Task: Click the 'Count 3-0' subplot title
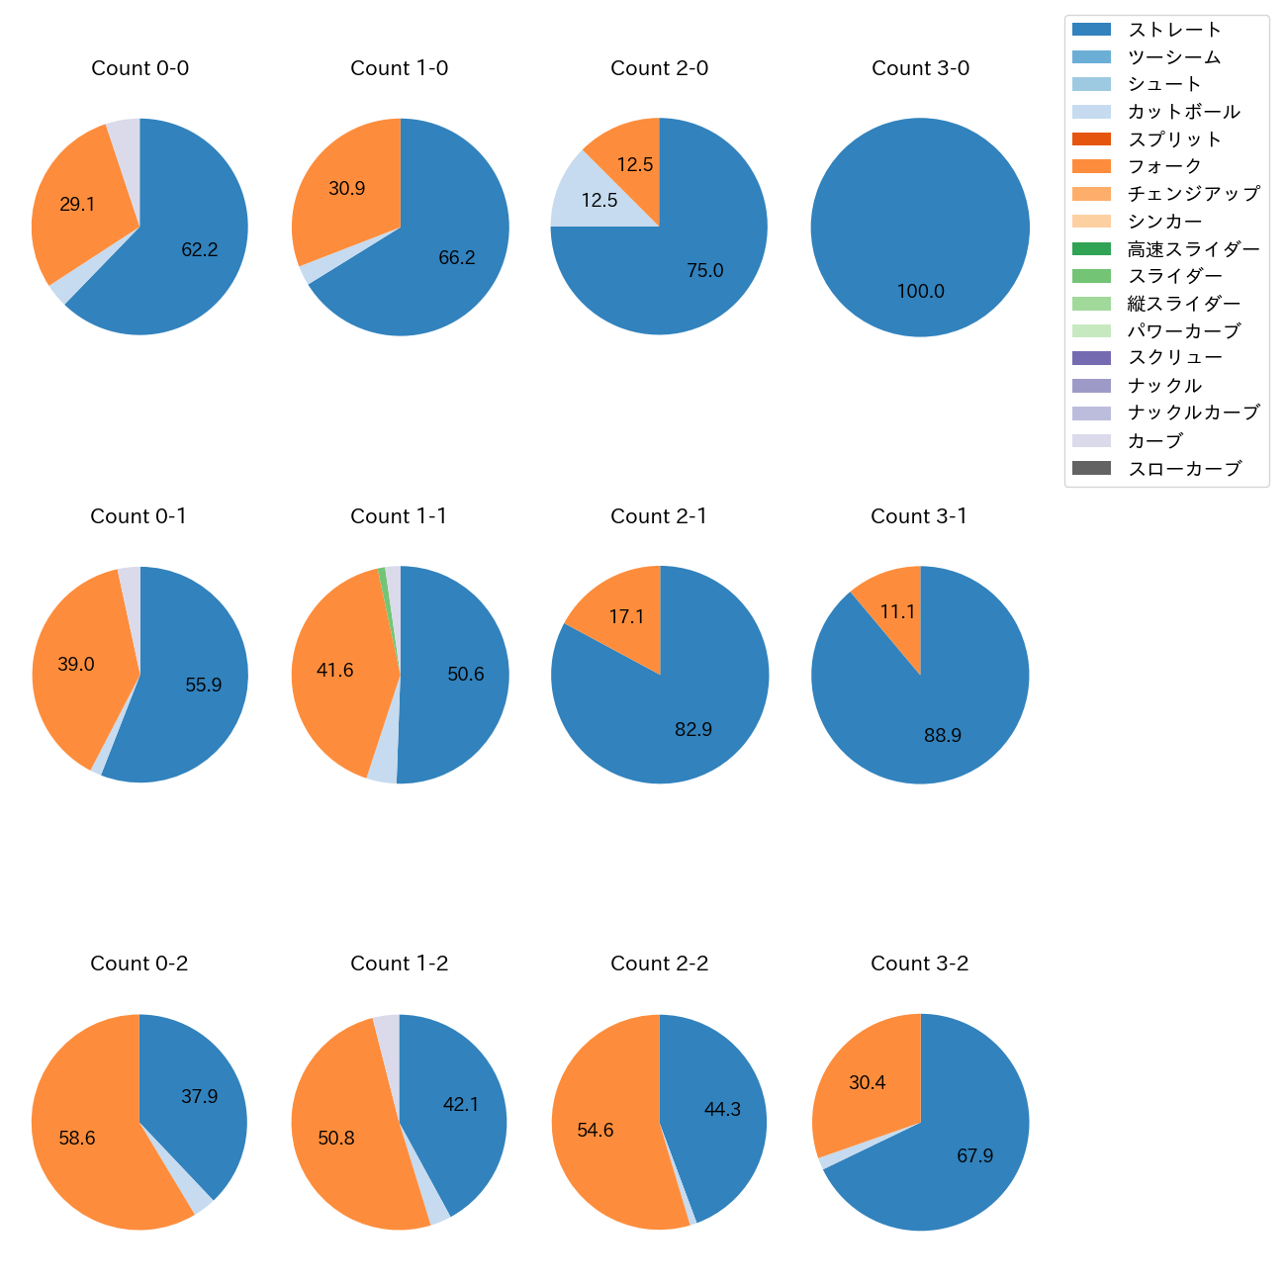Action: (x=920, y=68)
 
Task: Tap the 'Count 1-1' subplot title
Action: (x=399, y=516)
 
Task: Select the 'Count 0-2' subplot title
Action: (x=139, y=964)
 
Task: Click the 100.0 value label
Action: (x=921, y=291)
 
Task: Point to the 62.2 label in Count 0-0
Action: (x=200, y=250)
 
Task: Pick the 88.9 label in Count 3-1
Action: (x=943, y=735)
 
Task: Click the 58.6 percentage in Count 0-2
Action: (x=77, y=1138)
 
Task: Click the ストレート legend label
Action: (x=1174, y=30)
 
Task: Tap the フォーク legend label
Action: (x=1164, y=166)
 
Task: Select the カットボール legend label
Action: (x=1183, y=112)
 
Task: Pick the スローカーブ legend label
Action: (x=1184, y=469)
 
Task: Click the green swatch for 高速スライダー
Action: (x=1091, y=249)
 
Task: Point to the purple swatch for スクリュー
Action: (x=1091, y=358)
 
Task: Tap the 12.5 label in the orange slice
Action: (x=635, y=165)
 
